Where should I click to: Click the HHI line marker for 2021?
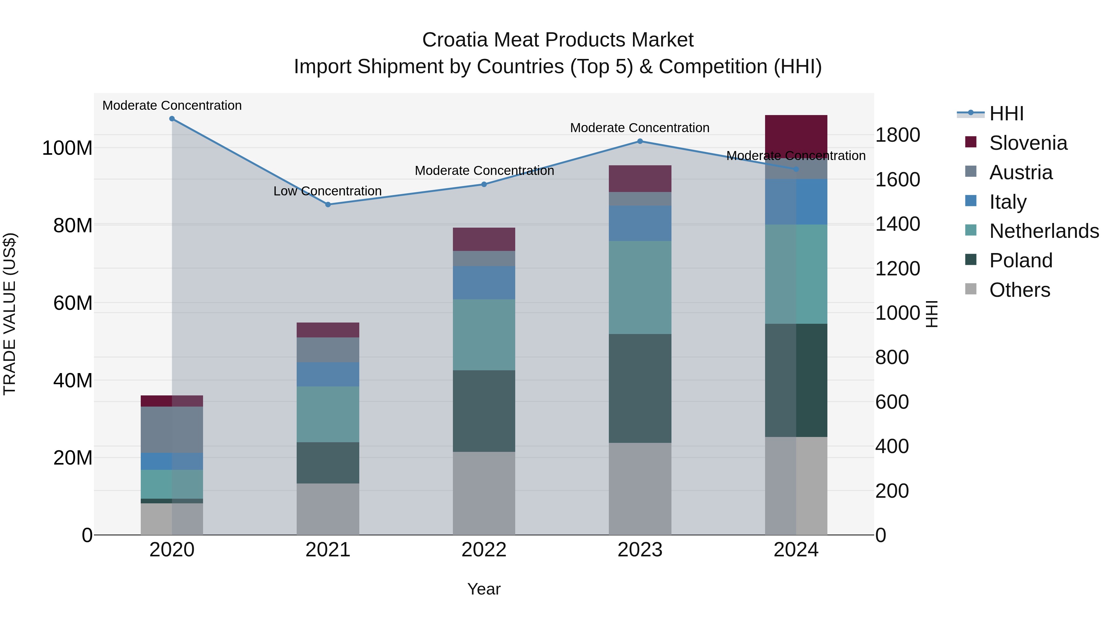328,205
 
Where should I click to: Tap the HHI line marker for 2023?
640,141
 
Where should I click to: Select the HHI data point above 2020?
172,119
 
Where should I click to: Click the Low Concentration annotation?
328,191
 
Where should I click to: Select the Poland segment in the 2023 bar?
640,388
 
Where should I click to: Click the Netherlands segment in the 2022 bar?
484,335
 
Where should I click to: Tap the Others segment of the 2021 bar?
328,509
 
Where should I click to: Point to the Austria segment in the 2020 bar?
172,430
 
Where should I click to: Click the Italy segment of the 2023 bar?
640,223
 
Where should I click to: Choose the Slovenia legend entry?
1028,143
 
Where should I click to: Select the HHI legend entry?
1006,114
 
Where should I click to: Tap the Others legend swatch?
971,289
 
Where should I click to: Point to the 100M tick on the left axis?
67,148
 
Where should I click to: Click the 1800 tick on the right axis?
897,135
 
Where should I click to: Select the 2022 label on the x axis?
484,550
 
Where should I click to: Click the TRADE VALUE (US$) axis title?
10,314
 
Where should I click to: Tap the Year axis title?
484,589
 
